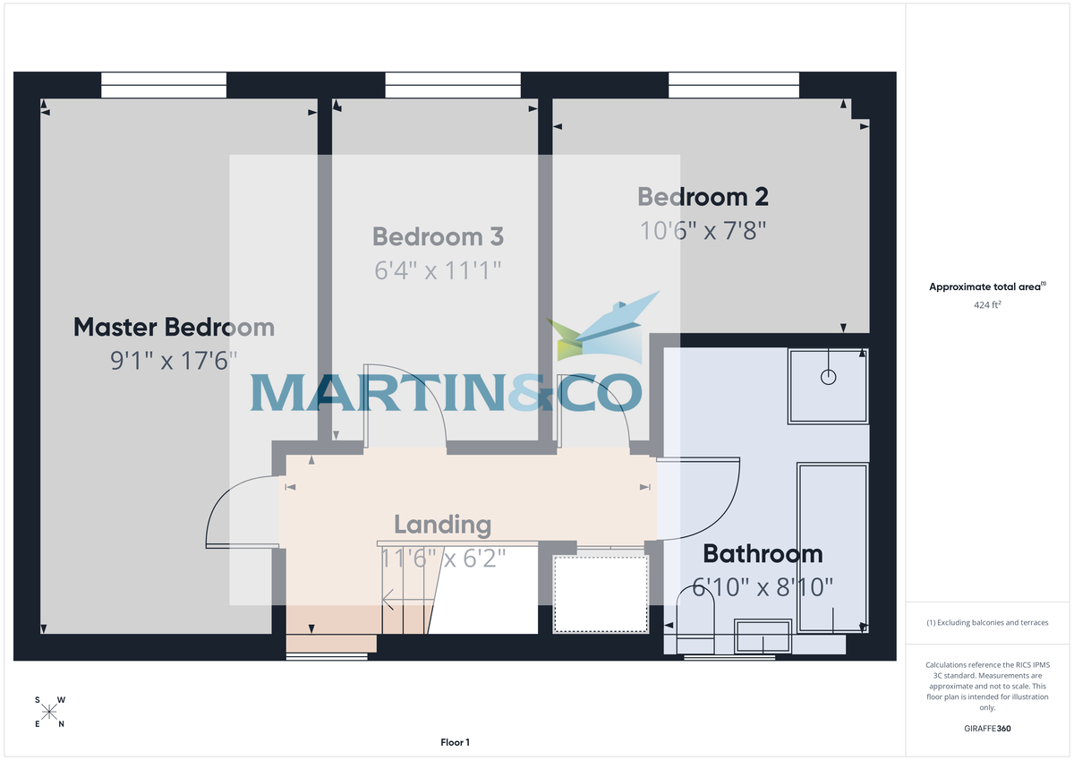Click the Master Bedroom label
(174, 327)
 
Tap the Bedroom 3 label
(438, 236)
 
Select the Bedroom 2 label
(703, 197)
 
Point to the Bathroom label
(762, 554)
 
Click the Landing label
(442, 525)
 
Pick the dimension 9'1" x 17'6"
(174, 361)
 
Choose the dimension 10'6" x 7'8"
(703, 230)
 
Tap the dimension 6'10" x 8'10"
(763, 587)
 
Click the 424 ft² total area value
(986, 304)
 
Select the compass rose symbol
(49, 712)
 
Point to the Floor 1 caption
(455, 742)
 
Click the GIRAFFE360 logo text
(986, 730)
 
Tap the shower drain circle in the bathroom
(829, 377)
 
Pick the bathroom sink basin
(762, 636)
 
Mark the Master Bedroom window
(164, 85)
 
